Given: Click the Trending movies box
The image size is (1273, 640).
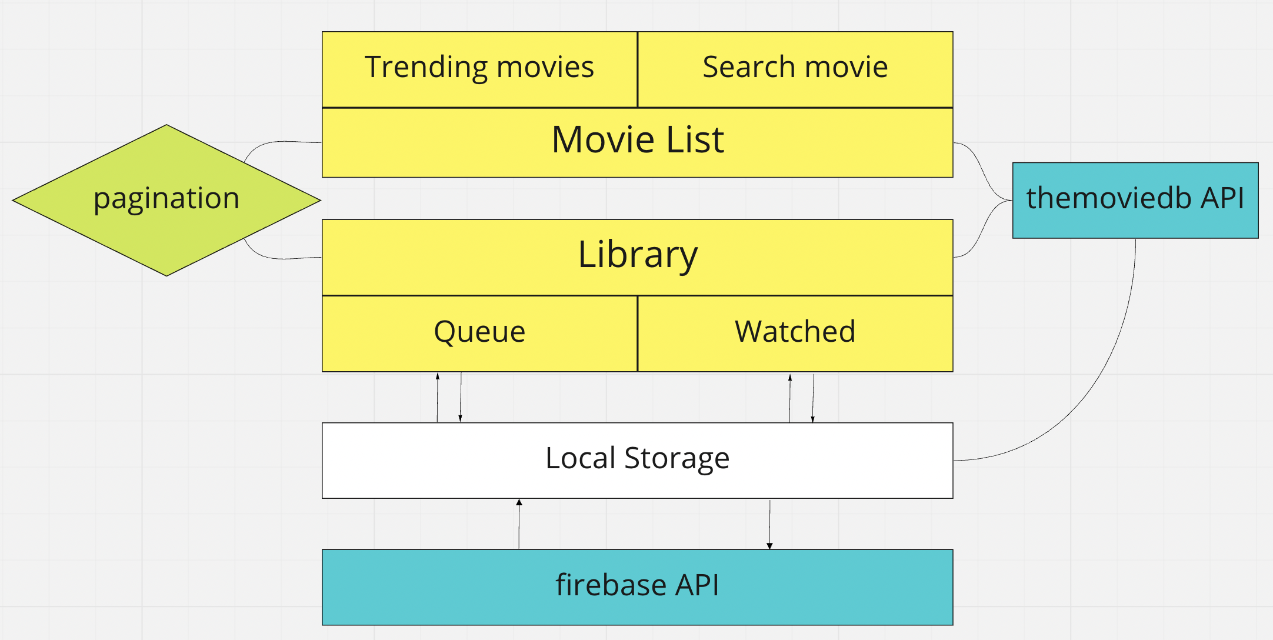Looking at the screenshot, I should click(479, 69).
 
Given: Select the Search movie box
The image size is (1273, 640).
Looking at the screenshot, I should click(795, 69).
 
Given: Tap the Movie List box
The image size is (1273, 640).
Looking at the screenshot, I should click(637, 142).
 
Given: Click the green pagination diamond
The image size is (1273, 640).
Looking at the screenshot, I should click(166, 199).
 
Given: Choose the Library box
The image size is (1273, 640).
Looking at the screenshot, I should click(637, 256).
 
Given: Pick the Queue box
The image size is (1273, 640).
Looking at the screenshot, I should click(479, 333).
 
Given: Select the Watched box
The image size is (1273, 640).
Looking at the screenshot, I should click(795, 333).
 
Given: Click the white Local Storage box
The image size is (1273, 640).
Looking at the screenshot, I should click(637, 460).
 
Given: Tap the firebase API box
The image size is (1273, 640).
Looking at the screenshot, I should click(637, 586).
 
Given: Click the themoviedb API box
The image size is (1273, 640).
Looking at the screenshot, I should click(1135, 200).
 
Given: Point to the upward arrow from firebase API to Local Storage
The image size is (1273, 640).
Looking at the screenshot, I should click(519, 524).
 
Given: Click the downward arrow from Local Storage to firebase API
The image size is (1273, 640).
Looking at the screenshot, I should click(769, 524).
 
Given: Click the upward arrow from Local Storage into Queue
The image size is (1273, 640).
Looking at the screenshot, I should click(437, 397).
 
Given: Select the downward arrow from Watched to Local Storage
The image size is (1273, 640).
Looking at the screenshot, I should click(813, 397).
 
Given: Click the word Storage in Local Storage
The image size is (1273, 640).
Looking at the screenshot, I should click(677, 459).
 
